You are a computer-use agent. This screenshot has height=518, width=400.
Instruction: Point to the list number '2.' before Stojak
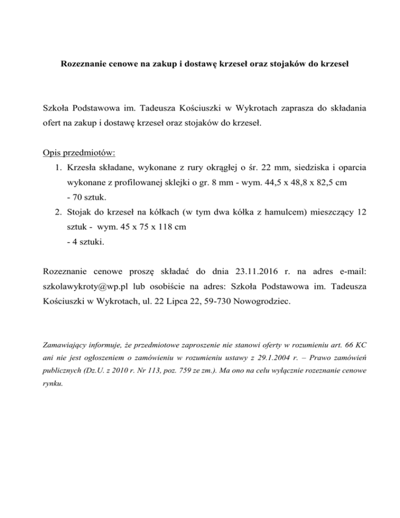coord(58,213)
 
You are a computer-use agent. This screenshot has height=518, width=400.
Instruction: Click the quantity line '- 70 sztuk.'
coord(86,198)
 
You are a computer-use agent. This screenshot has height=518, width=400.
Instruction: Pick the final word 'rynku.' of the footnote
coord(53,384)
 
